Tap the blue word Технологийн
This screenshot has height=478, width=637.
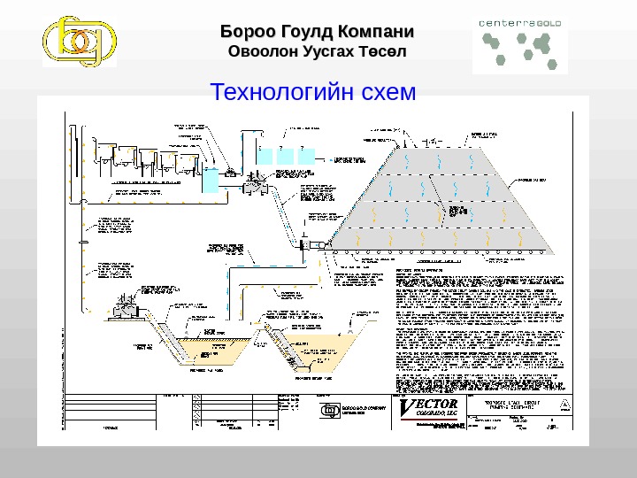pyautogui.click(x=278, y=91)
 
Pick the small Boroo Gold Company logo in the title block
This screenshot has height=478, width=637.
pyautogui.click(x=329, y=409)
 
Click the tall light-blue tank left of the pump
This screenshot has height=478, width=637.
pyautogui.click(x=211, y=181)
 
